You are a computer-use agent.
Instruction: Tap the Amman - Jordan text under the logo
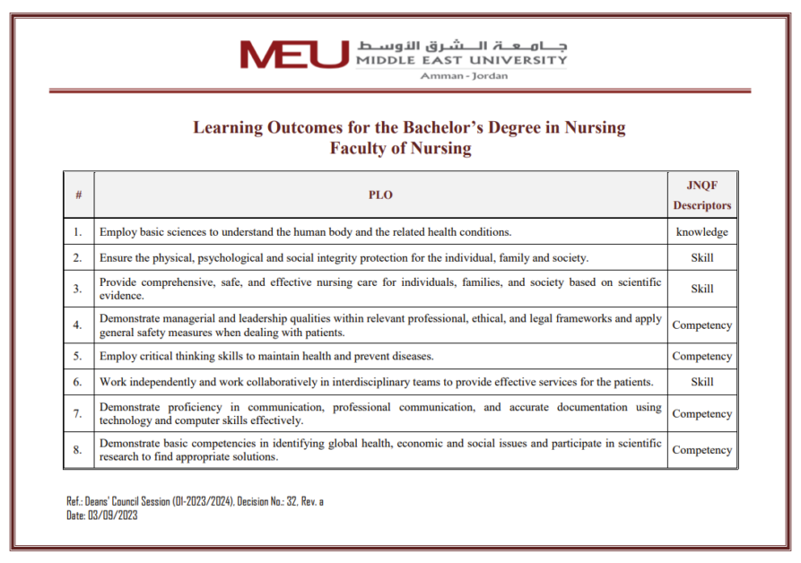(464, 76)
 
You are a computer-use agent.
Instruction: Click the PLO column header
(380, 195)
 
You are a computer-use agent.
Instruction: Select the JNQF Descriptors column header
(702, 195)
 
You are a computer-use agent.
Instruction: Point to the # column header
(79, 195)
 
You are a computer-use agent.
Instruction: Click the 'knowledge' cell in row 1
(702, 232)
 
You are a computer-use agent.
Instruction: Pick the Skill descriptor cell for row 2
(702, 258)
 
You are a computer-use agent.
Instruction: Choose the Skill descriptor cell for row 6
(702, 382)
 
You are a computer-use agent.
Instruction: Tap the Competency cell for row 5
(702, 356)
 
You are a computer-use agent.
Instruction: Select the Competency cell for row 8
(702, 450)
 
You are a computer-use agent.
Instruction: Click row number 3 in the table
(78, 289)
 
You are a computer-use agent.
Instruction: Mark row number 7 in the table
(78, 414)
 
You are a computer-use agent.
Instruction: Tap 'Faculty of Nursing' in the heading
(400, 149)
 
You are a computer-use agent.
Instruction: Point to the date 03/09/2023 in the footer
(113, 515)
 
